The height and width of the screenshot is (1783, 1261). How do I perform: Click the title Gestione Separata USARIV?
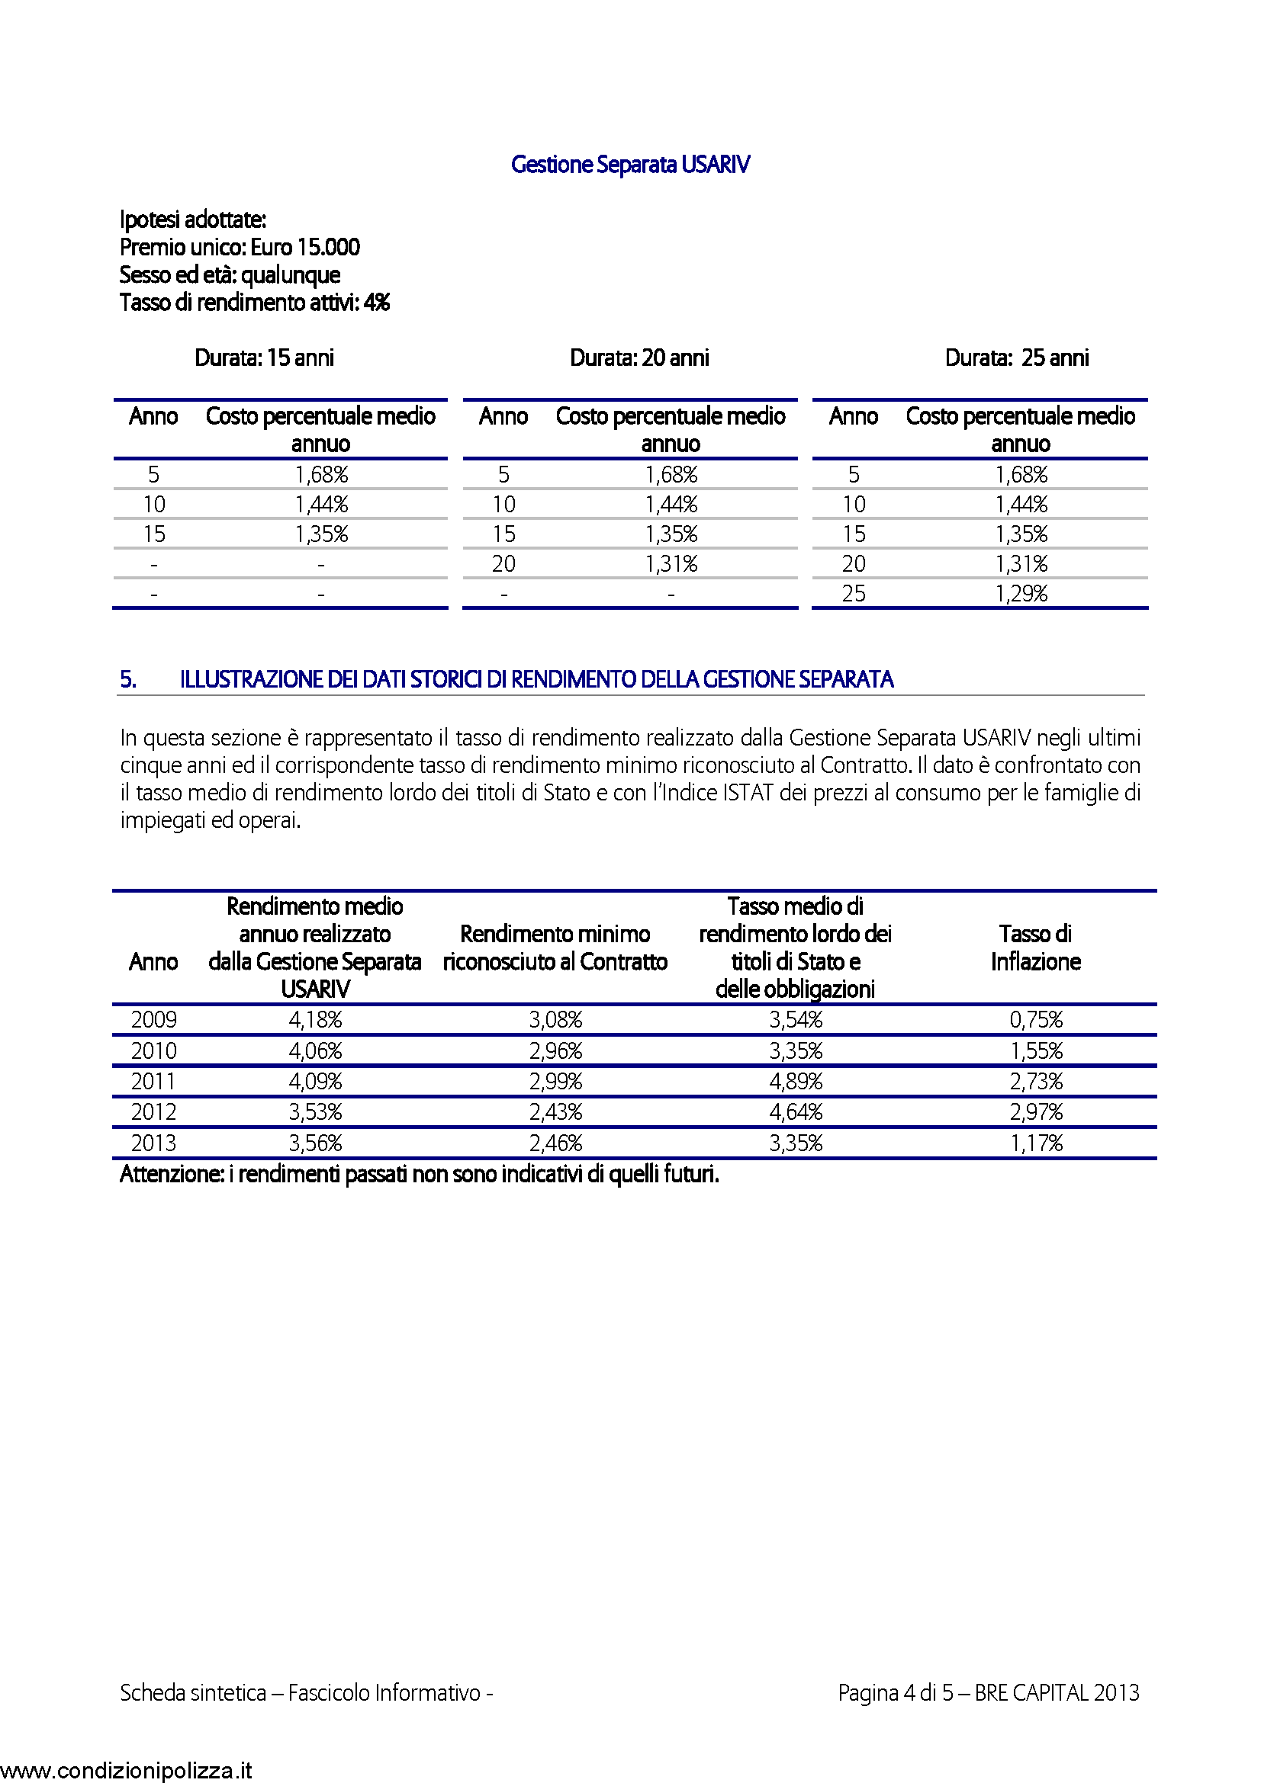630,165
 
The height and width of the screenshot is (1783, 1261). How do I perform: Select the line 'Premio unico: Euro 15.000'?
240,248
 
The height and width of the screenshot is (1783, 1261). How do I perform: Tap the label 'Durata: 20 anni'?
639,358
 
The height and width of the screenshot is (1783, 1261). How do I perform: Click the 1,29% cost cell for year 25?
1021,594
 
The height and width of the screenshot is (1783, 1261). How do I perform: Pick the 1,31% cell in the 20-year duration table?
671,565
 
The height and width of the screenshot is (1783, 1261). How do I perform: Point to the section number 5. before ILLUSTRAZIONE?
128,680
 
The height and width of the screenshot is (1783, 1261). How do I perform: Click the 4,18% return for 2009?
316,1020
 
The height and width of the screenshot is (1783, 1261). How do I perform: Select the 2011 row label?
153,1082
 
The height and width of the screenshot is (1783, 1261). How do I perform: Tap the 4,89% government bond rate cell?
796,1082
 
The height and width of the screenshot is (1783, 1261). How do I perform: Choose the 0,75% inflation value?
1036,1020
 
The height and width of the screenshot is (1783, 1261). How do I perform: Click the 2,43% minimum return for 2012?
555,1112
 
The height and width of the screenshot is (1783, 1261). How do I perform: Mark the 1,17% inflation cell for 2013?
1036,1143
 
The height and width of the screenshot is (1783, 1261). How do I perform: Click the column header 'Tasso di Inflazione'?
1036,948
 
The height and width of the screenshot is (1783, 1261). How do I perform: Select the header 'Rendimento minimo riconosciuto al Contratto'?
555,948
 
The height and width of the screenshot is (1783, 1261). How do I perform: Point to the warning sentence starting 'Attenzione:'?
420,1174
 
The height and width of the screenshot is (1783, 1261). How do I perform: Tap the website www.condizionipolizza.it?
127,1771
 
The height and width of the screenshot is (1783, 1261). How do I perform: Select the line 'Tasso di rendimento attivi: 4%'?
255,303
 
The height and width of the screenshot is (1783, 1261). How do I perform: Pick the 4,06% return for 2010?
316,1051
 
